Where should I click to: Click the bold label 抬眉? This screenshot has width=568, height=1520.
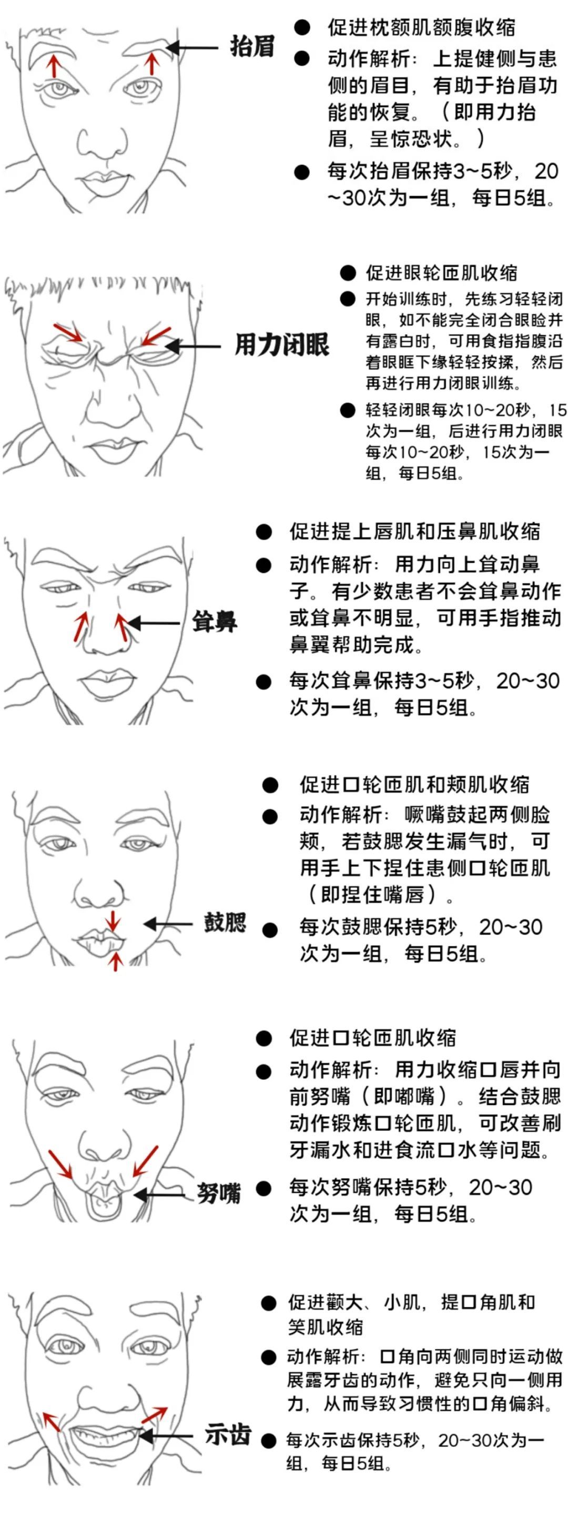252,47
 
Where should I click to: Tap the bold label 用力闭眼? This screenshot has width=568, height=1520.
282,344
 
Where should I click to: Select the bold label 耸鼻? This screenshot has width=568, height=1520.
215,622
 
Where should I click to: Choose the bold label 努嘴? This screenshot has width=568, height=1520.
219,1193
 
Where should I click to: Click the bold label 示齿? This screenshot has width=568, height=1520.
228,1434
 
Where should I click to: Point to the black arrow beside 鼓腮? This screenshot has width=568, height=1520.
168,924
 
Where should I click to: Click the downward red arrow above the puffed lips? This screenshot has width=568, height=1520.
113,921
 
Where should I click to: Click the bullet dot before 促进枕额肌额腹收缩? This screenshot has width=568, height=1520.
302,27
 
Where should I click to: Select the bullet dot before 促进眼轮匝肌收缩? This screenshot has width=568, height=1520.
348,272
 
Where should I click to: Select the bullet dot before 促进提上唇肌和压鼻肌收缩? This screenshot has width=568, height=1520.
263,532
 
